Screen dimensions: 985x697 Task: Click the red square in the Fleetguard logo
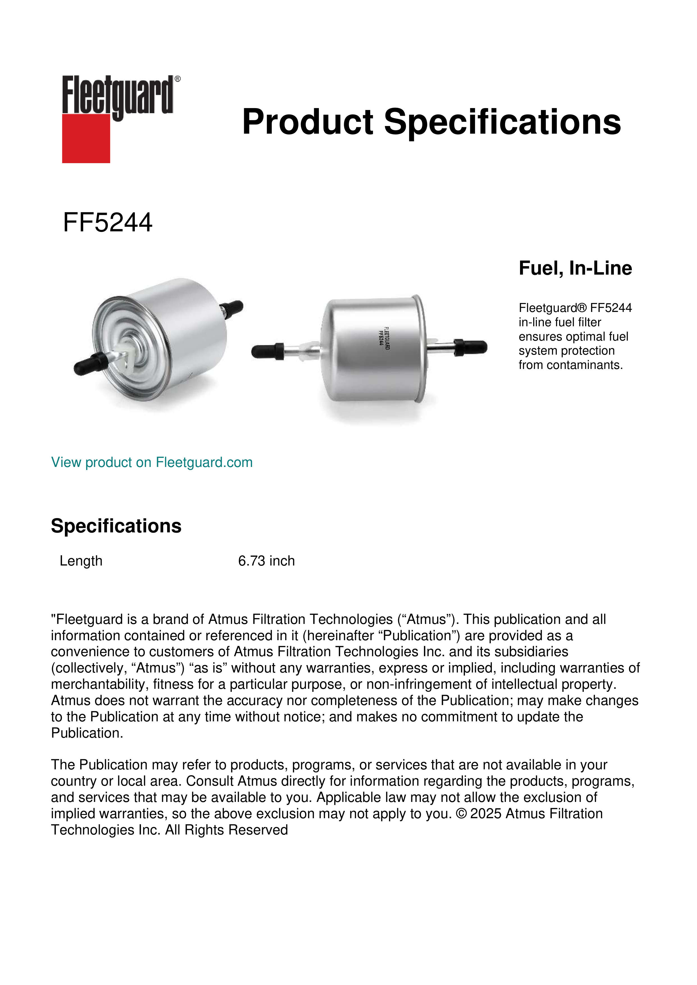(x=86, y=138)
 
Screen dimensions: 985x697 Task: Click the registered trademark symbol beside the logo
(x=178, y=79)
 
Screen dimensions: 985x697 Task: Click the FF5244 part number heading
(x=107, y=223)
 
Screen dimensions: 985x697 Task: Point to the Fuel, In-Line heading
(x=575, y=268)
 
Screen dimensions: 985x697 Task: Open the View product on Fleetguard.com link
(x=151, y=462)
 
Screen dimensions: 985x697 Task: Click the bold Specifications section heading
(x=116, y=526)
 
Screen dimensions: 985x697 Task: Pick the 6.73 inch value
(x=266, y=561)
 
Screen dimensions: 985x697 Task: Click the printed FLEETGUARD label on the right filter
(x=385, y=338)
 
